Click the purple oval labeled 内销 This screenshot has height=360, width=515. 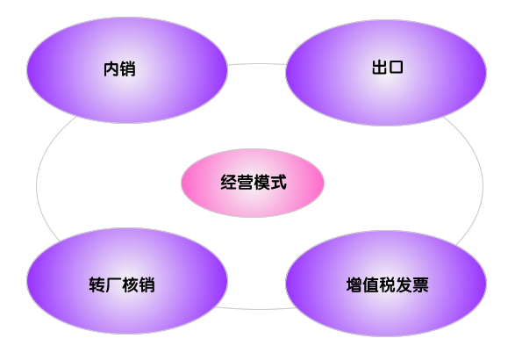point(127,70)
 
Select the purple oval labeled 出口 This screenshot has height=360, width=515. point(386,73)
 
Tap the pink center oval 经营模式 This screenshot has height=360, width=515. point(253,183)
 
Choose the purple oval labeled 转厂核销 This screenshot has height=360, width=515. point(127,281)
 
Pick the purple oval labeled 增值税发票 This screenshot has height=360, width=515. point(386,284)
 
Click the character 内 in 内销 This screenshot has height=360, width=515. point(111,69)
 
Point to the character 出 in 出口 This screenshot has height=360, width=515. point(379,67)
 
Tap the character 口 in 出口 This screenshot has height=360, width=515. point(396,67)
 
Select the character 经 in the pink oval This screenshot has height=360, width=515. point(228,182)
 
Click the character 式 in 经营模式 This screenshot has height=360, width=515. point(278,182)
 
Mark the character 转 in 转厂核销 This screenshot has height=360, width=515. point(97,284)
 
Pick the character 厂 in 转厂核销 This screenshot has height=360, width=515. point(114,284)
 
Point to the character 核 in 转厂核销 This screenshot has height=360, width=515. point(130,284)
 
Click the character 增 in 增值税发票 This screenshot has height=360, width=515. point(354,284)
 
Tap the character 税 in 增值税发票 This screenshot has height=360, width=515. point(388,284)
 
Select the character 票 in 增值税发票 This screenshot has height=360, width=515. point(420,284)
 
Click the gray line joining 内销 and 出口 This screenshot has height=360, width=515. point(257,64)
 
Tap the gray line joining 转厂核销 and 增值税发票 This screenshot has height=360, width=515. point(257,309)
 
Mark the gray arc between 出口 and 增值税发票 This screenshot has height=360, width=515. point(483,186)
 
